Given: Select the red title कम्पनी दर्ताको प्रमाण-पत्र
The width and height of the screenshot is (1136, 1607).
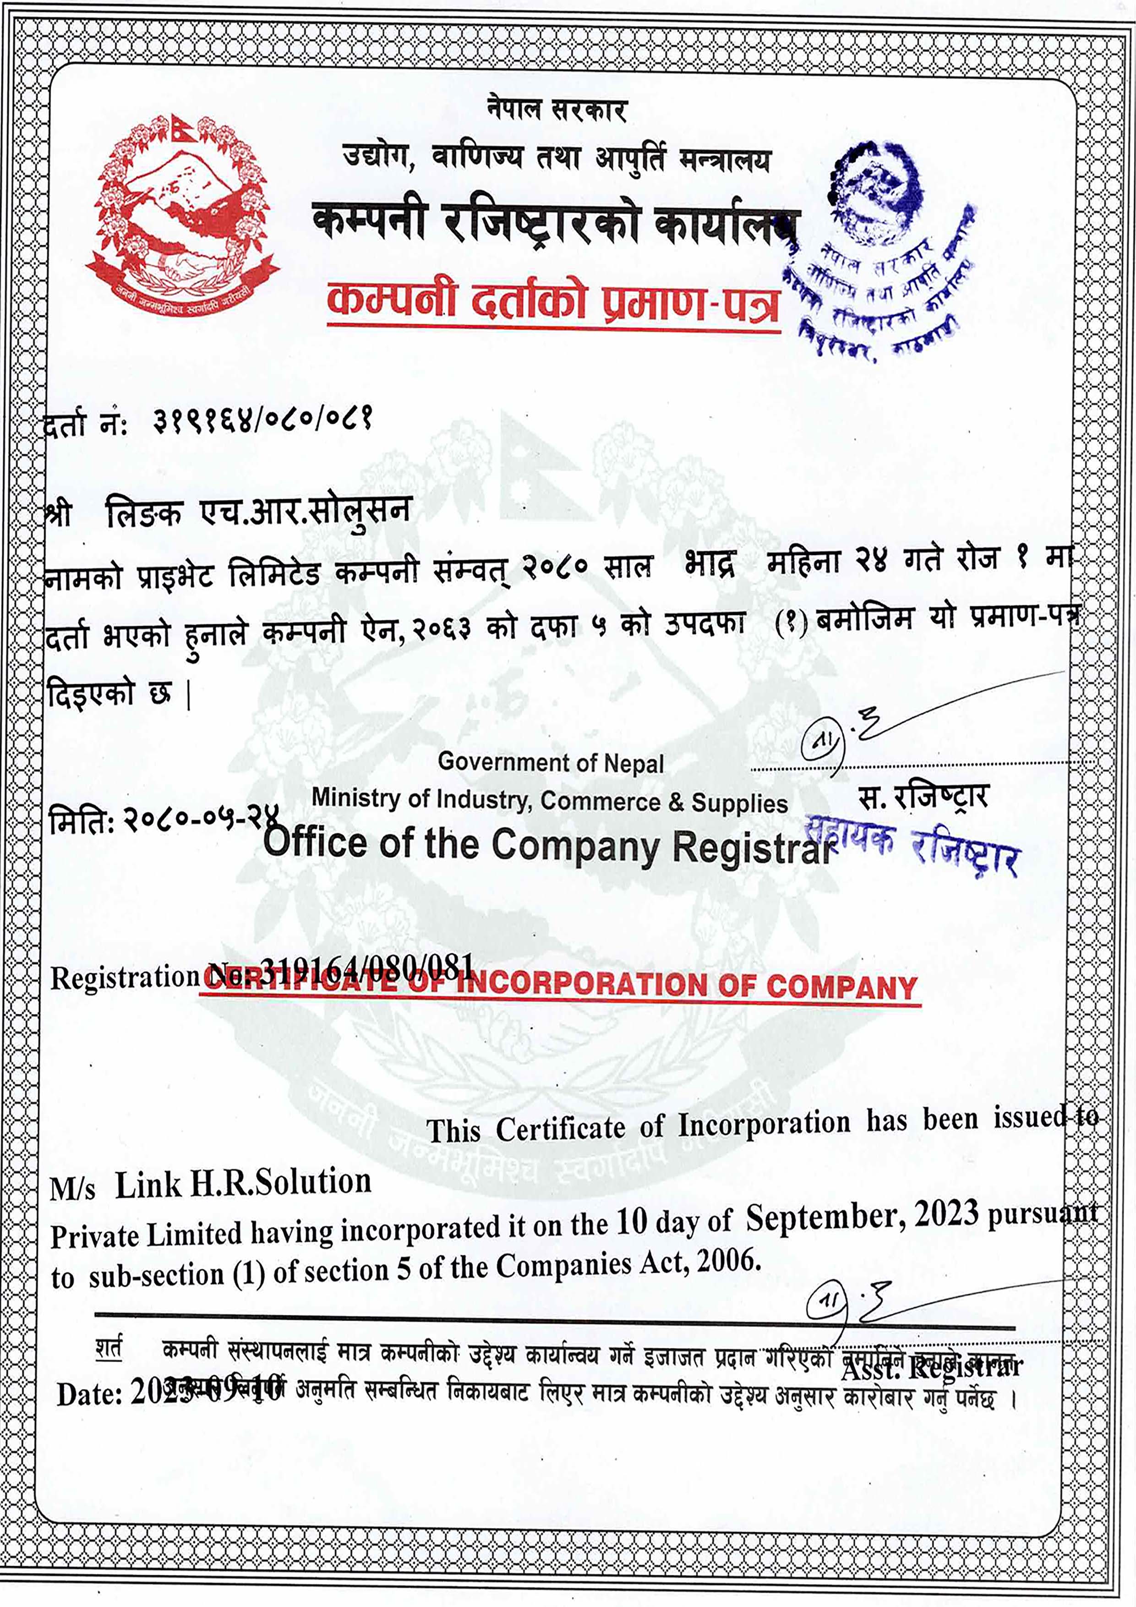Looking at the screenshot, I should (553, 302).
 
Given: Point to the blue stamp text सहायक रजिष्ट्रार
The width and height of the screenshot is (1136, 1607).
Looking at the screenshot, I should (913, 843).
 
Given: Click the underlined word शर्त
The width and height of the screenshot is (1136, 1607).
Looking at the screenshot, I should (109, 1348).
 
